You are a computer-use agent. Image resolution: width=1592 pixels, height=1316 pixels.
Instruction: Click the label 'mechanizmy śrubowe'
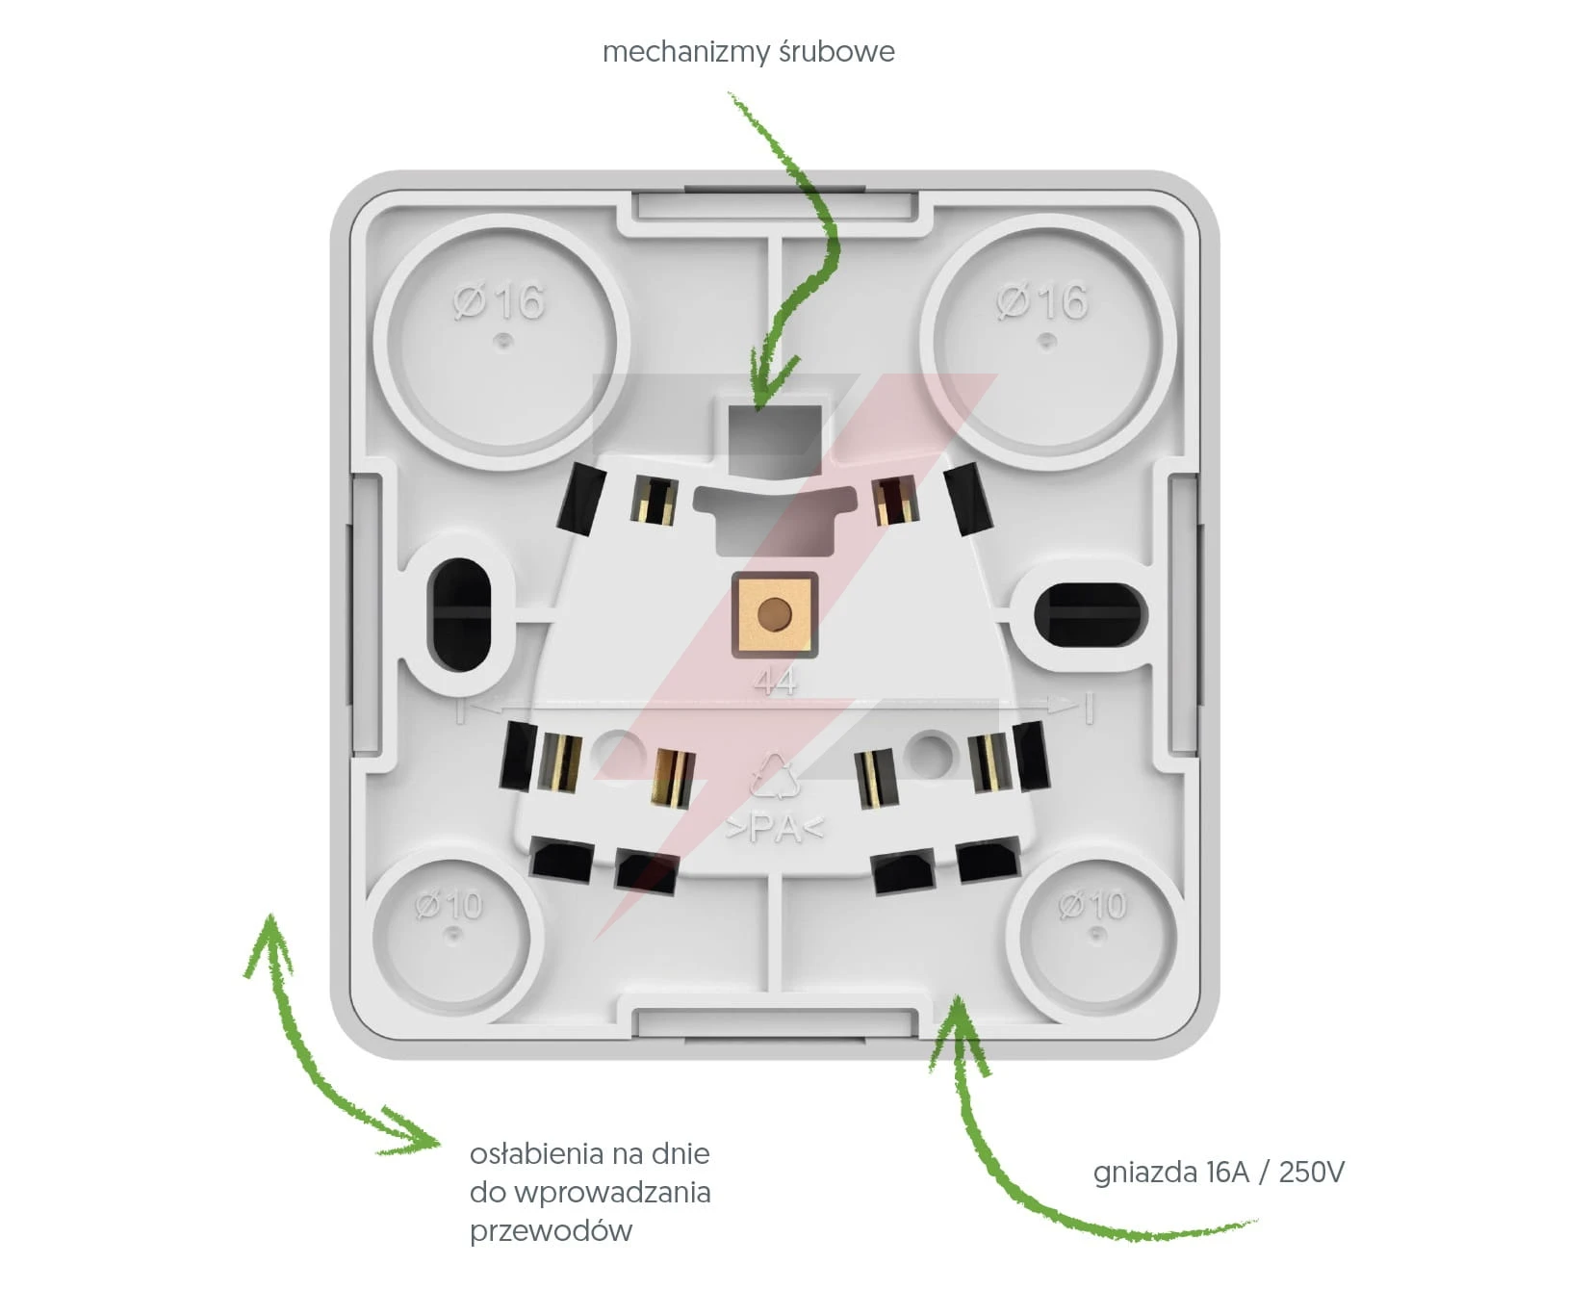[748, 52]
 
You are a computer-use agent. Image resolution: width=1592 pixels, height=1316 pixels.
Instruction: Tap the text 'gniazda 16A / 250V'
[1219, 1172]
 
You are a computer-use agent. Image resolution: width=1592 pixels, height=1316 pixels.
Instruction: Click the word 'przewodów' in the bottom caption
[551, 1231]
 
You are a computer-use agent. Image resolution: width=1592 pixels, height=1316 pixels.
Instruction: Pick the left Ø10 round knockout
[449, 935]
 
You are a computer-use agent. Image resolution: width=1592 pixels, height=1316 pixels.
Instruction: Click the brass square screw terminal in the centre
[775, 614]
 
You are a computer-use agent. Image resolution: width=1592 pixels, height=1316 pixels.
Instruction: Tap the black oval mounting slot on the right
[1090, 613]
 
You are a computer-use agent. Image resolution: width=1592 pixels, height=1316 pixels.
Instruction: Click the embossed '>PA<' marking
[775, 828]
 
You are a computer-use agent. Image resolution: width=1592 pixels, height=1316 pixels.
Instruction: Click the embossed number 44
[776, 682]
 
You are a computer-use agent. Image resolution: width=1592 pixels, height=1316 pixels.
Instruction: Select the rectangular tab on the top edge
[775, 205]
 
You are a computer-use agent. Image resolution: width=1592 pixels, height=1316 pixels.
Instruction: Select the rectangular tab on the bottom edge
[775, 1023]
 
